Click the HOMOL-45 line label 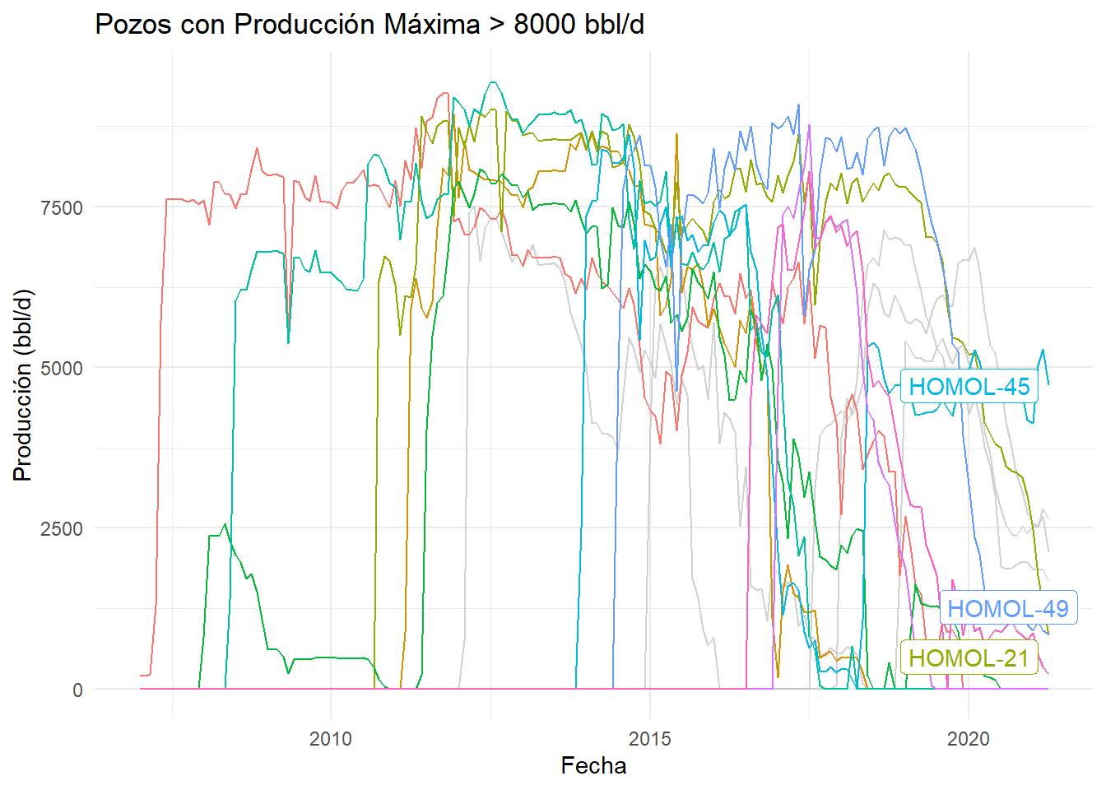tap(969, 387)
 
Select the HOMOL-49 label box tap(1007, 609)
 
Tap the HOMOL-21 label tap(969, 658)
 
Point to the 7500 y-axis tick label tap(62, 208)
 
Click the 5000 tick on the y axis tap(62, 369)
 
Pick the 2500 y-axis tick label tap(62, 529)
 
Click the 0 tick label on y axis tap(77, 690)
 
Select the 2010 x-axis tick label tap(331, 739)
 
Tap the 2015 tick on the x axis tap(650, 739)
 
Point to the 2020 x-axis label tap(969, 739)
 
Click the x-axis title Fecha tap(593, 766)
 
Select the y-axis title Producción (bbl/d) tap(22, 385)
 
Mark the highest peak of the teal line tap(492, 82)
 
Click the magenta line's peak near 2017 tap(809, 126)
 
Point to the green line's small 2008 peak tap(225, 524)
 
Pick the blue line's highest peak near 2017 tap(798, 105)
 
